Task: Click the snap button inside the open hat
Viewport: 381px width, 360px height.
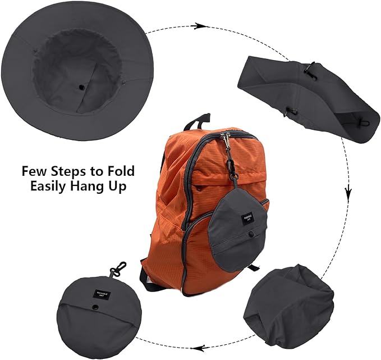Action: point(83,88)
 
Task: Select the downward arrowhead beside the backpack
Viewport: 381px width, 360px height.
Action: point(348,194)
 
